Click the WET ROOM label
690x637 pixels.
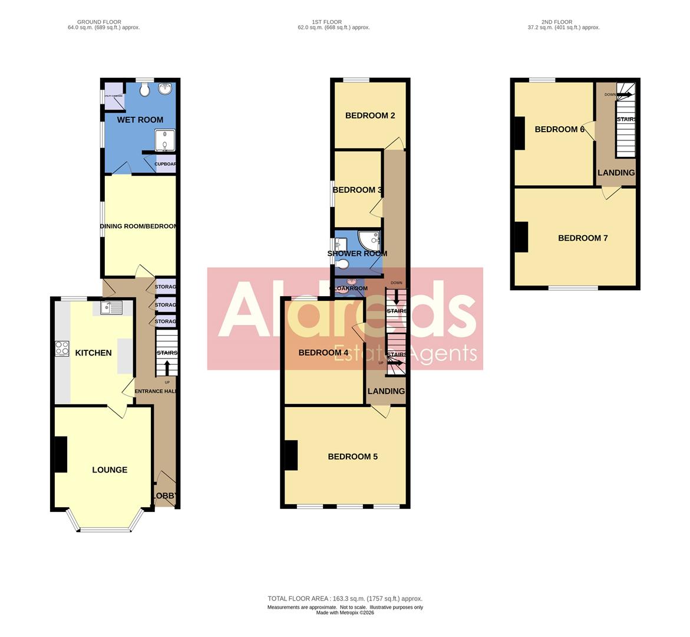coord(140,120)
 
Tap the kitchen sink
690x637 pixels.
coord(111,307)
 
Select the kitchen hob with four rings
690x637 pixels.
coord(62,349)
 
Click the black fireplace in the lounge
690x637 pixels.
coord(61,454)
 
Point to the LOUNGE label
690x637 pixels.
coord(110,470)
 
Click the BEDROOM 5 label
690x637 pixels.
coord(352,457)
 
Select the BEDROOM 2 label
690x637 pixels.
coord(370,116)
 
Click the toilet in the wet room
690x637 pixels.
coord(145,89)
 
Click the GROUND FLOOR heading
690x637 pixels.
coord(99,22)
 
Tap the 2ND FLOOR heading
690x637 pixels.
coord(557,22)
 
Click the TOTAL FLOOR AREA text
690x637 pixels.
coord(345,599)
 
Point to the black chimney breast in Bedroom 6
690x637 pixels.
coord(520,133)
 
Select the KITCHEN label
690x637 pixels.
coord(93,353)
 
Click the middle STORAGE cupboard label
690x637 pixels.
coord(166,305)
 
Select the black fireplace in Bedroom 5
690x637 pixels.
coord(290,456)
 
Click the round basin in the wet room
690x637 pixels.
coord(164,89)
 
